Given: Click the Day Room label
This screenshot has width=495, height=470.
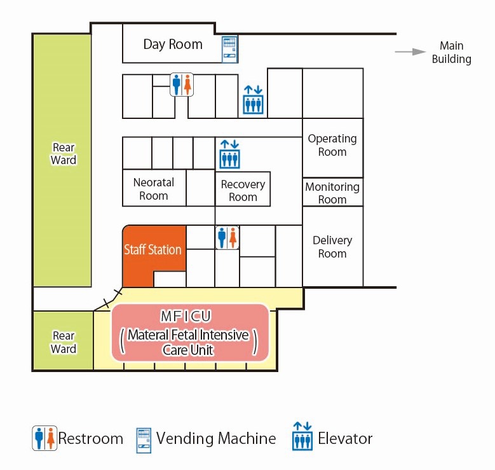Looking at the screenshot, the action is [x=173, y=45].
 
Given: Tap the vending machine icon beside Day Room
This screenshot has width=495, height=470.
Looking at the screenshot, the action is [x=229, y=50].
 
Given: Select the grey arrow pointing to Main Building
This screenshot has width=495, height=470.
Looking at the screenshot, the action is [x=410, y=52].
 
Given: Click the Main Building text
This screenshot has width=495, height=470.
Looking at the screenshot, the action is [x=451, y=52].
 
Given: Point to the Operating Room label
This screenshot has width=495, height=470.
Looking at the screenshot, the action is [x=332, y=145].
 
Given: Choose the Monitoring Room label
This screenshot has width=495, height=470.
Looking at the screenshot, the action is [x=332, y=193].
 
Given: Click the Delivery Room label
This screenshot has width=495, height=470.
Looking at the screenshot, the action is [x=332, y=247].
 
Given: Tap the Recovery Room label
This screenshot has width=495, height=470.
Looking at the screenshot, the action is [x=243, y=190].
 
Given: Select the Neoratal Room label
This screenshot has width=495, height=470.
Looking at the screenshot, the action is [x=153, y=189].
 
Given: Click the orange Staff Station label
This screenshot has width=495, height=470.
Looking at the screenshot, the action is [x=153, y=250].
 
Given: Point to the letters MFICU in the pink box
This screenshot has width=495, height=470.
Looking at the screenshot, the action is [x=186, y=316].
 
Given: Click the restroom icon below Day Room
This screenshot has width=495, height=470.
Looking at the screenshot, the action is [x=182, y=85].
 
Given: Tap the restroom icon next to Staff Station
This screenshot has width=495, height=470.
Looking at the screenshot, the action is [x=227, y=238].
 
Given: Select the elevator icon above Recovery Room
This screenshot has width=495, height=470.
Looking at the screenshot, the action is [x=229, y=155].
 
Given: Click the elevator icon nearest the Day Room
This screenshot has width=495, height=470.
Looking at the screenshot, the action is [x=253, y=100].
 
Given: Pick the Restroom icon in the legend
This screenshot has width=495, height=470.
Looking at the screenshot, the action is [x=44, y=438].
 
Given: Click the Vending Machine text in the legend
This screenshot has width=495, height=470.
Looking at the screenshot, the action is [x=216, y=439].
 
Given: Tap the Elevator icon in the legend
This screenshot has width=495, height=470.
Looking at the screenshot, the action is [x=302, y=436].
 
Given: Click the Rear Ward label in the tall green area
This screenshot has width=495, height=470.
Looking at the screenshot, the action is [x=64, y=154].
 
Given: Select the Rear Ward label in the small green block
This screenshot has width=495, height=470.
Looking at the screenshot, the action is [x=64, y=342].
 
